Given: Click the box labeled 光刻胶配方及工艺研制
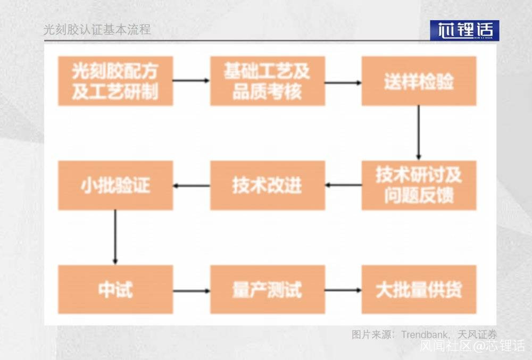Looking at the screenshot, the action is (x=115, y=81).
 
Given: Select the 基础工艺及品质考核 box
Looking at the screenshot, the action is (x=268, y=81).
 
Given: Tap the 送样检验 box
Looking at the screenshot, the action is (x=419, y=81).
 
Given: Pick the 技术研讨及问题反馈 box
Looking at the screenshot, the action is (x=419, y=186).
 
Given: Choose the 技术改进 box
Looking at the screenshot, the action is (x=268, y=186).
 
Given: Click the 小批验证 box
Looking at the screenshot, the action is (x=115, y=186).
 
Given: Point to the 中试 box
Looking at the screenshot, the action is (x=115, y=289).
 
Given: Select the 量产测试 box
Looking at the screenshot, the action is (x=268, y=289).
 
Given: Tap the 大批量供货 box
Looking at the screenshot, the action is (x=419, y=289).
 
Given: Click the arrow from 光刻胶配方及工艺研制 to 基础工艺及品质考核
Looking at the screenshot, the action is (x=192, y=80).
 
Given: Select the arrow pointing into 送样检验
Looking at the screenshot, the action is (x=343, y=82).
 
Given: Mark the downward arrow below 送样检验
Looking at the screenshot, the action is (x=418, y=132).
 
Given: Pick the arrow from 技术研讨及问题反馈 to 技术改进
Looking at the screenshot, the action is (x=343, y=185).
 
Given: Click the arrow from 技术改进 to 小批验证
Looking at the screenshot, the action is (x=192, y=186).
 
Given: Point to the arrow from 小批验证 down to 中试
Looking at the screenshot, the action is (x=115, y=237).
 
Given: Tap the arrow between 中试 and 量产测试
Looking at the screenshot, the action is (x=192, y=291).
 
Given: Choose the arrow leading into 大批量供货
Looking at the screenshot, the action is (x=343, y=290).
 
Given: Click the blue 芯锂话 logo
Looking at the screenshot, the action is (x=464, y=30).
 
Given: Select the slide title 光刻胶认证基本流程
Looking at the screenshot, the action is (x=97, y=29).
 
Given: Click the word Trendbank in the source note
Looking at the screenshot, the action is (x=424, y=334).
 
